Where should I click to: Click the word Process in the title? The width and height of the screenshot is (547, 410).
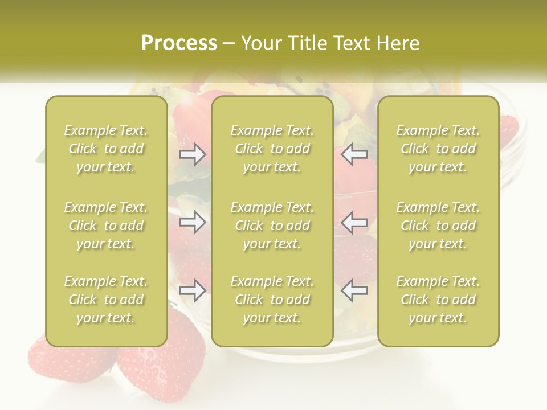[179, 43]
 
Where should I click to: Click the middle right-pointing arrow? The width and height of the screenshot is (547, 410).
[192, 222]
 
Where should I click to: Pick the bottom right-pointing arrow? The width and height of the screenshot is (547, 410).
[192, 290]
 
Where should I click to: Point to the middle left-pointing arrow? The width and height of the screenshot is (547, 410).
[354, 222]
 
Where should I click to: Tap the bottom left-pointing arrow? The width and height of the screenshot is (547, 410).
[354, 290]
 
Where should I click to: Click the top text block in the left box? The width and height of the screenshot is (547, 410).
[106, 149]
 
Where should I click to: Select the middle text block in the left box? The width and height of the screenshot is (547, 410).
[106, 225]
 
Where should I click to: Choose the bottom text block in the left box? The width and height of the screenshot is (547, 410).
[106, 300]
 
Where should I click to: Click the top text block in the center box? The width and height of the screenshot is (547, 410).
[272, 149]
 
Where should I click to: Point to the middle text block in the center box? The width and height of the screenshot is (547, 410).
[272, 225]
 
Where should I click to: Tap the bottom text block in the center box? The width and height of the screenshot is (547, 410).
[272, 300]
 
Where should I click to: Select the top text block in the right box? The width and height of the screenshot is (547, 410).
[438, 149]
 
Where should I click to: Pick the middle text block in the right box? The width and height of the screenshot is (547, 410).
[438, 225]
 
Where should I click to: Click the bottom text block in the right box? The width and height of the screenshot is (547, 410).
[438, 300]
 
